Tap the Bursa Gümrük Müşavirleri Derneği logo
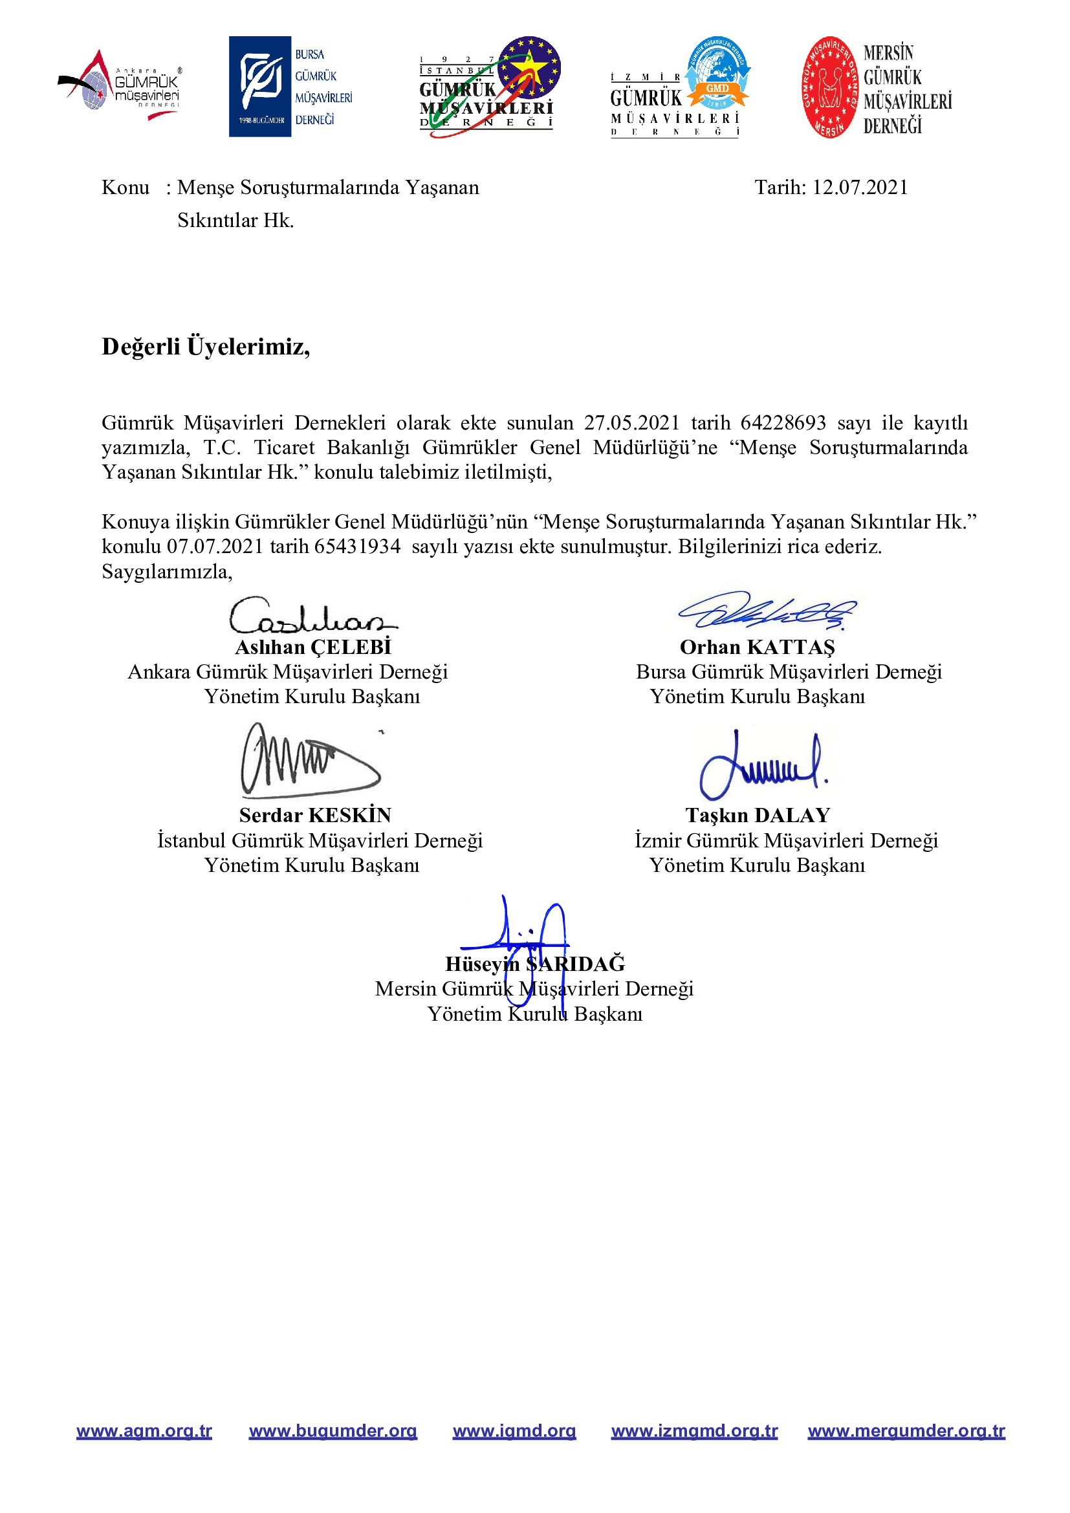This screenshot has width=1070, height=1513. coord(290,86)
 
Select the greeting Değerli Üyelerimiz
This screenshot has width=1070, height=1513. coord(206,347)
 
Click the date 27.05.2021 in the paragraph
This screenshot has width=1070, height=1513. coord(631,422)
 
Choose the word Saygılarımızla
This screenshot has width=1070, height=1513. coord(167,571)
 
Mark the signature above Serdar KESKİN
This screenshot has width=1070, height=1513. coord(310,760)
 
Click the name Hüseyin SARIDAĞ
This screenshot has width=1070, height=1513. coord(535,964)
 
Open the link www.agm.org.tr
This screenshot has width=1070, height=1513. coord(144,1431)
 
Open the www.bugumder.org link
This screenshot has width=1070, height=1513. coord(333,1431)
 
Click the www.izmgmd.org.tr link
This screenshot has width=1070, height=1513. coord(694,1431)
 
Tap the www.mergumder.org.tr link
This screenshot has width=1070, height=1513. coord(906,1431)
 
